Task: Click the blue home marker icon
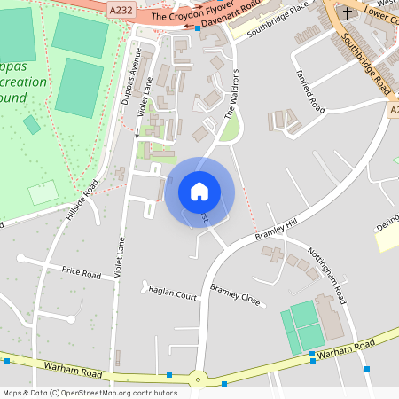(199, 191)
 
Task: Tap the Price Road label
(81, 270)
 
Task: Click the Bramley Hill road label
(278, 229)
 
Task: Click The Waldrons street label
(232, 93)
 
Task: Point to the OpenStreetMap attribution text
(89, 393)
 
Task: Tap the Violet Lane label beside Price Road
(117, 258)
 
